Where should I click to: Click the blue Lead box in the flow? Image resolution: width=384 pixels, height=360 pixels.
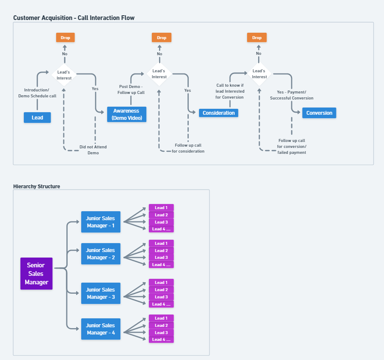pos(37,117)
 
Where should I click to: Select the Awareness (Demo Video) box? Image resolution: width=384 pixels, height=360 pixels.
pos(127,114)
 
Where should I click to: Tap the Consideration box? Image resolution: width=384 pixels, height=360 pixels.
pos(219,113)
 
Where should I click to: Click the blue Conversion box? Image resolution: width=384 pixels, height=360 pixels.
pos(319,113)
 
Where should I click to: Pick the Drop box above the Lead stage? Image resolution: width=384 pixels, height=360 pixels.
pos(65,37)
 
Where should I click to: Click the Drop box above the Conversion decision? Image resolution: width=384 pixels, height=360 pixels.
pos(257,37)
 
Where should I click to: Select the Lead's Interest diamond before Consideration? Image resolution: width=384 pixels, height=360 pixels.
pos(159,74)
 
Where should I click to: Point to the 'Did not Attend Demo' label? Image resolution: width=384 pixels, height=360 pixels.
pos(93,150)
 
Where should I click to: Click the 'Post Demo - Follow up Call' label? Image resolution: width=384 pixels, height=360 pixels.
pos(131,89)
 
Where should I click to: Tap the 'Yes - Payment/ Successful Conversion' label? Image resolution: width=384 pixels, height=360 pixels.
pos(292,95)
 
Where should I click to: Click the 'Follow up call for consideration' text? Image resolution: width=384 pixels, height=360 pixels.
pos(188,148)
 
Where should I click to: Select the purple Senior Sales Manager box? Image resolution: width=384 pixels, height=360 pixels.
pos(37,274)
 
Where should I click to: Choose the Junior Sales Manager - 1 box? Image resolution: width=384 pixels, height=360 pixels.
pos(101,222)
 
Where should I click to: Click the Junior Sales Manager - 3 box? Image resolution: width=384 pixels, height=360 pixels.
pos(101,293)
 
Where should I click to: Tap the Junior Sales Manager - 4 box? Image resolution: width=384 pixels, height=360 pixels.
pos(101,329)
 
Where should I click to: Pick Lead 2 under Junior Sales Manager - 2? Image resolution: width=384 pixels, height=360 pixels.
pos(161,250)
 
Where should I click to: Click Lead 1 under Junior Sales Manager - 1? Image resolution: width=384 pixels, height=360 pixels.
pos(161,208)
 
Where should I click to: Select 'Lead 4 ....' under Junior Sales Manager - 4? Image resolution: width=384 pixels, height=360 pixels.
pos(161,339)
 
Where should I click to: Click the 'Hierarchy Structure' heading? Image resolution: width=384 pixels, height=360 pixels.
pos(37,186)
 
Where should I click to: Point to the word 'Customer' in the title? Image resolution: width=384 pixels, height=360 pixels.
pos(25,18)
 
